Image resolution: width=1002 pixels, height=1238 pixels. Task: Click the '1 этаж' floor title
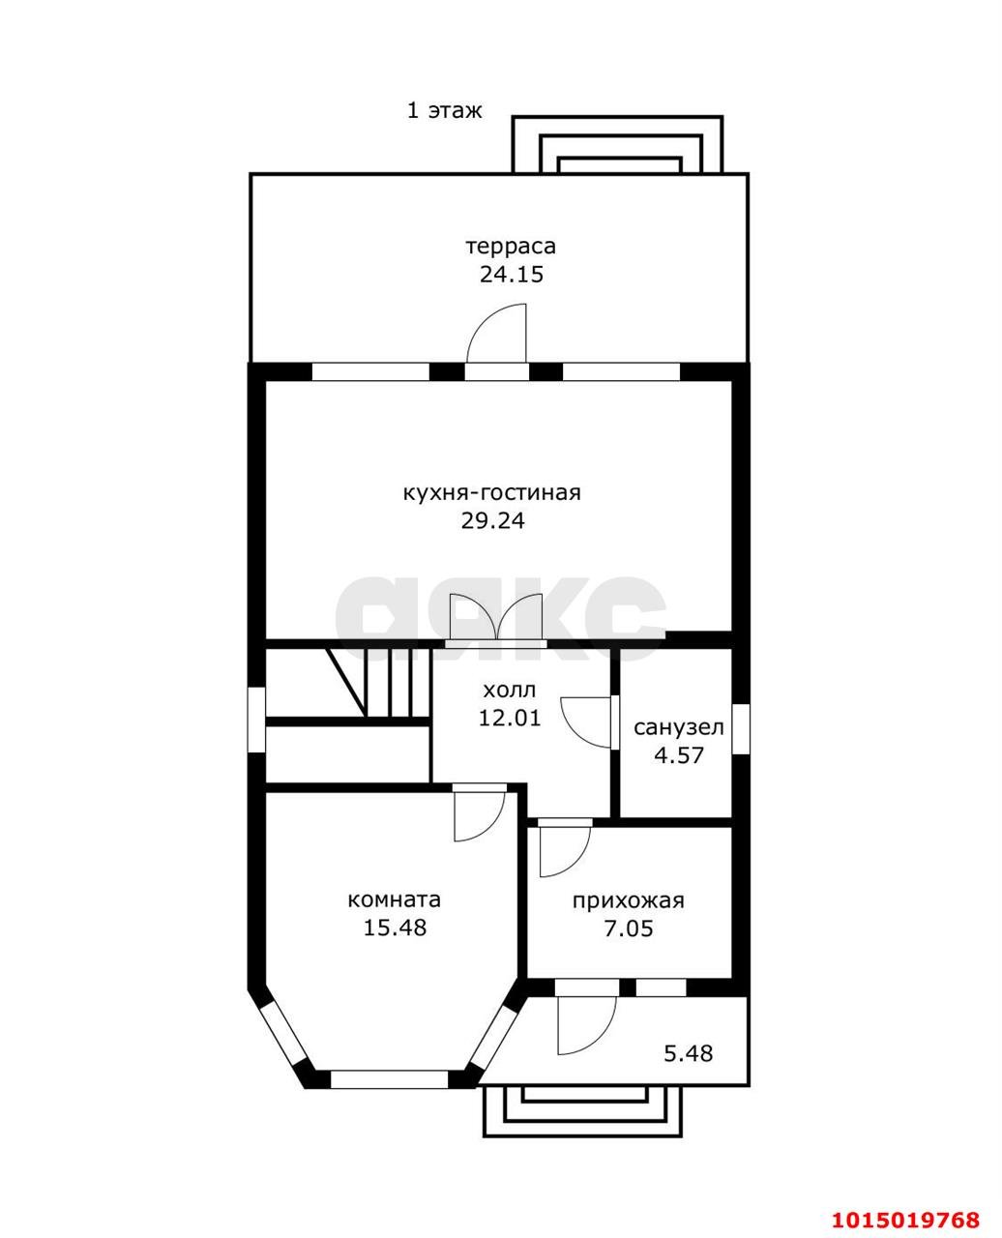tap(445, 110)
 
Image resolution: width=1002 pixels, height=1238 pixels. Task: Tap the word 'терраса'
tap(511, 247)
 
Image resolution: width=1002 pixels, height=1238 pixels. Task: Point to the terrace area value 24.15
tap(512, 275)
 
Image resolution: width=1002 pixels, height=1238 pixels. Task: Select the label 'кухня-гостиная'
tap(492, 493)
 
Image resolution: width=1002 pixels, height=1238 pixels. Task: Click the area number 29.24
tap(493, 520)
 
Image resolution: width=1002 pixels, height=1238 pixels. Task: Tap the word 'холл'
tap(509, 691)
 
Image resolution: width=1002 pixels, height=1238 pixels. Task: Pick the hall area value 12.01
tap(510, 718)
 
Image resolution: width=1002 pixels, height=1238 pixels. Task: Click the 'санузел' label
tap(679, 727)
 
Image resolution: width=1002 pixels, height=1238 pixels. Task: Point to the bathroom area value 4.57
tap(679, 755)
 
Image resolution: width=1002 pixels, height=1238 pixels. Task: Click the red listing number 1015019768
tap(906, 1199)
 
